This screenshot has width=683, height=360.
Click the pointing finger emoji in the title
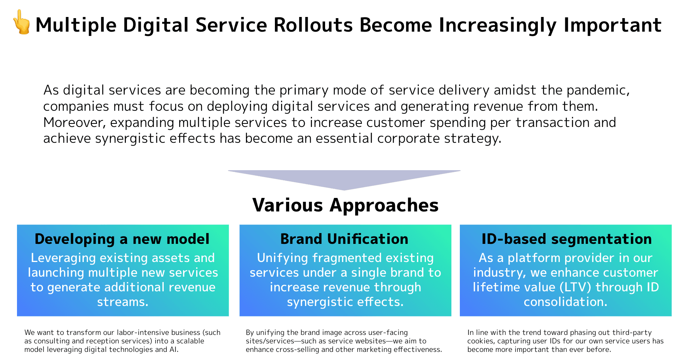[22, 22]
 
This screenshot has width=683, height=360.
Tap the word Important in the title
[612, 25]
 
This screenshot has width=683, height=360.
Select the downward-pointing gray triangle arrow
[344, 178]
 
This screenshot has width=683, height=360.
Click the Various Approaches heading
[345, 205]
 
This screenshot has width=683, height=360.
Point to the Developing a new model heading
[122, 239]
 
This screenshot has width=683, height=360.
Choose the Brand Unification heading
[344, 239]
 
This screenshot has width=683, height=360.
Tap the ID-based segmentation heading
[566, 239]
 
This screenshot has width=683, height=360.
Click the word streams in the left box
[122, 302]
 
